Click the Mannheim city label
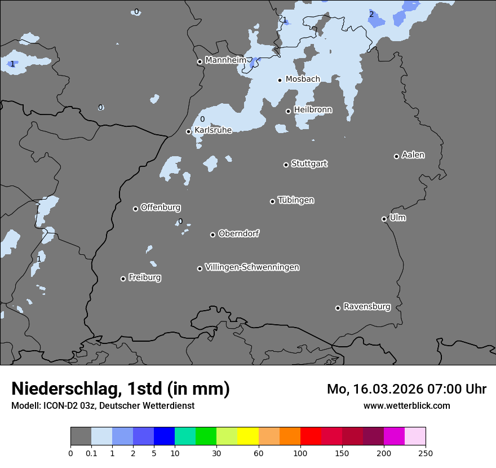(x=225, y=60)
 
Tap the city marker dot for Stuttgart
(x=286, y=165)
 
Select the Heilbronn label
(x=313, y=109)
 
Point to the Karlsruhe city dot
(x=189, y=131)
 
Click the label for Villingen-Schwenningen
(x=252, y=267)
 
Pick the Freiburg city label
(x=144, y=277)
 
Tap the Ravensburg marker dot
(x=338, y=308)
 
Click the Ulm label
(x=397, y=218)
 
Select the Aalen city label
(x=413, y=155)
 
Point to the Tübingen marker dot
(x=272, y=201)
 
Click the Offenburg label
(x=161, y=207)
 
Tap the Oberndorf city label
(x=239, y=233)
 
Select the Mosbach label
(x=303, y=79)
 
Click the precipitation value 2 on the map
(x=371, y=14)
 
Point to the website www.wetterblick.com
(x=406, y=405)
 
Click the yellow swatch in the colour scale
(x=248, y=436)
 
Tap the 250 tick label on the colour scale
(x=426, y=453)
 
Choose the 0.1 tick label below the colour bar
(x=91, y=453)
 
